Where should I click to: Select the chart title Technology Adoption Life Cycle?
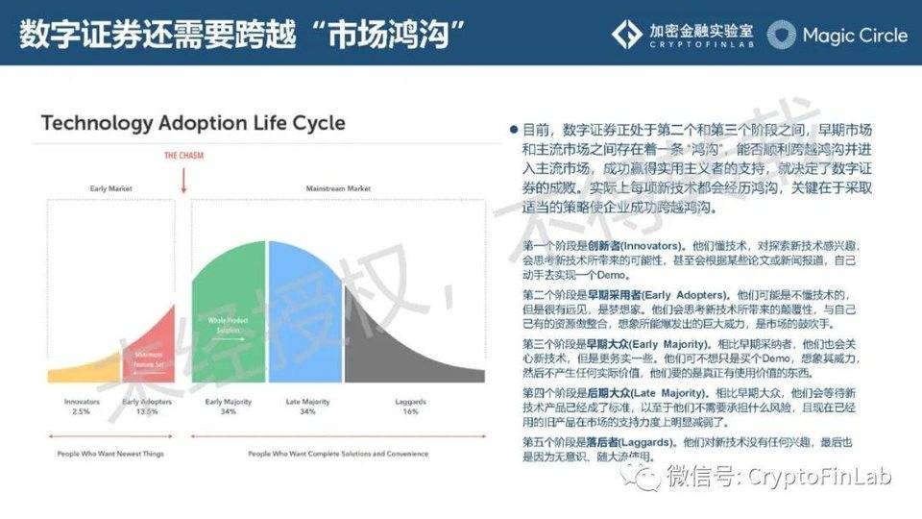193,124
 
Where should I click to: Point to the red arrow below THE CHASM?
183,178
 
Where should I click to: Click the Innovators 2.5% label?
82,408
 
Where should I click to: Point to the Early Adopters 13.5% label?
147,408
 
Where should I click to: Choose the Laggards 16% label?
410,408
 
